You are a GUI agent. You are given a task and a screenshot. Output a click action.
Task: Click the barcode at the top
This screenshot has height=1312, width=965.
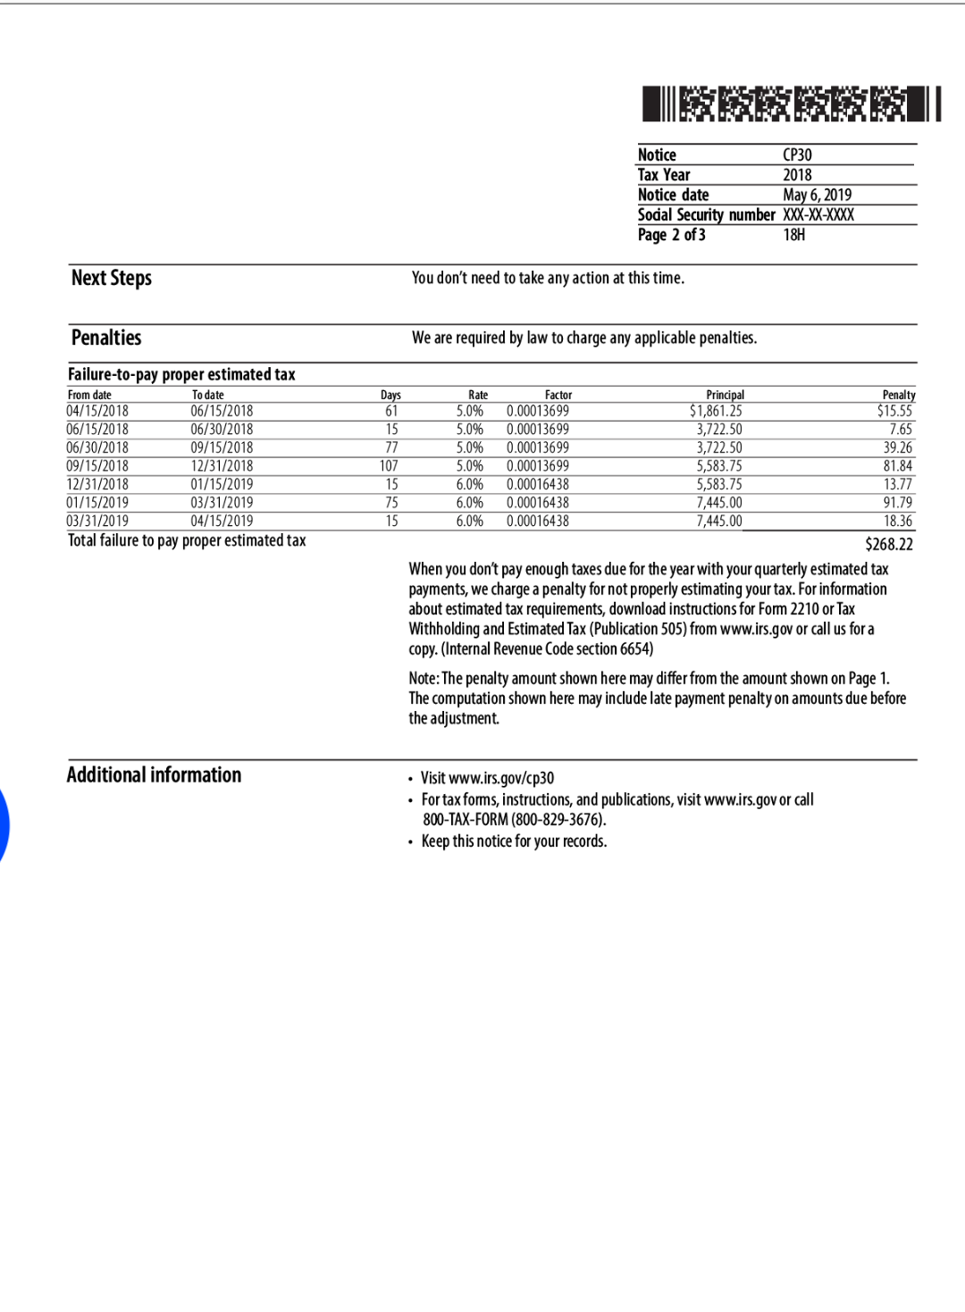pyautogui.click(x=792, y=104)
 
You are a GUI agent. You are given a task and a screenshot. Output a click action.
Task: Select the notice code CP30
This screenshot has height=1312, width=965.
pyautogui.click(x=797, y=155)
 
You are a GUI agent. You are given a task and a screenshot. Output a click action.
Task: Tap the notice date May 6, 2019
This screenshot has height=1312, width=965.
pyautogui.click(x=817, y=195)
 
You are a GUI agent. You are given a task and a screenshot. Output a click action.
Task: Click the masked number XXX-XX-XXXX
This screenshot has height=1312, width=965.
pyautogui.click(x=818, y=214)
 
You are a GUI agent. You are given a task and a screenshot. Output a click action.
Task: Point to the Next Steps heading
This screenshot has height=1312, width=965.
pyautogui.click(x=112, y=278)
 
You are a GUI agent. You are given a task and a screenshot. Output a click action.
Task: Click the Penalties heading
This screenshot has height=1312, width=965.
pyautogui.click(x=106, y=338)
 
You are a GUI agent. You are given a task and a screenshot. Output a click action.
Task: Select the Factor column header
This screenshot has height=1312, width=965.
pyautogui.click(x=558, y=395)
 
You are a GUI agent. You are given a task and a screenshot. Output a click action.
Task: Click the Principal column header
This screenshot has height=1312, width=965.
pyautogui.click(x=725, y=395)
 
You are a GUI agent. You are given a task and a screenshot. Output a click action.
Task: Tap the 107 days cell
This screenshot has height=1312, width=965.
pyautogui.click(x=389, y=466)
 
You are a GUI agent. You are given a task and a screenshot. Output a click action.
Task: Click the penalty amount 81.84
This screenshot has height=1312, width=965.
pyautogui.click(x=897, y=466)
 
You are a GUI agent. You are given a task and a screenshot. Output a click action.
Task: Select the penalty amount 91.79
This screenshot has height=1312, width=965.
pyautogui.click(x=897, y=503)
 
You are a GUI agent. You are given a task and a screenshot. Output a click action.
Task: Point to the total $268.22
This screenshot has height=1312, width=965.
pyautogui.click(x=888, y=544)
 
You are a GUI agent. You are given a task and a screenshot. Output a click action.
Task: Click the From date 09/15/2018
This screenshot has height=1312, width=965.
pyautogui.click(x=97, y=466)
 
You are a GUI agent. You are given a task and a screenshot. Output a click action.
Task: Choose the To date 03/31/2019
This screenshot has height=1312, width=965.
pyautogui.click(x=222, y=503)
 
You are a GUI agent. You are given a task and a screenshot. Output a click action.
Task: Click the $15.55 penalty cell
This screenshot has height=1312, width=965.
pyautogui.click(x=894, y=411)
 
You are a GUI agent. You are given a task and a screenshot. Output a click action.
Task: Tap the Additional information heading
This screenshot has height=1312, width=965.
pyautogui.click(x=154, y=774)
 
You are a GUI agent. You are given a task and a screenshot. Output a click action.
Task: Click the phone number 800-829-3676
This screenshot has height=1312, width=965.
pyautogui.click(x=558, y=820)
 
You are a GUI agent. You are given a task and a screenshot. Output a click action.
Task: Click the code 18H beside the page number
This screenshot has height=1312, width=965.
pyautogui.click(x=794, y=235)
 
